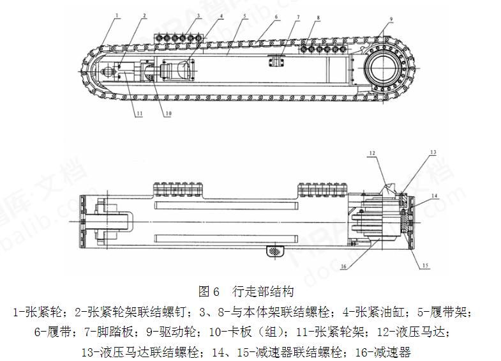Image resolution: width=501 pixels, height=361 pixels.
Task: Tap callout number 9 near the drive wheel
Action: coord(391,19)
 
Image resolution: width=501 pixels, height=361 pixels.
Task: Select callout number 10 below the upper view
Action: coord(168,115)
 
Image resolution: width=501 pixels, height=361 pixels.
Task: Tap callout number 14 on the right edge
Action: coord(434,196)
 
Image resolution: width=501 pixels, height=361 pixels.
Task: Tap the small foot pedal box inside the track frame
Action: coord(276,61)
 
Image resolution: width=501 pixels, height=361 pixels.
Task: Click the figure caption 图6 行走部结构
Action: coord(247,292)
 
